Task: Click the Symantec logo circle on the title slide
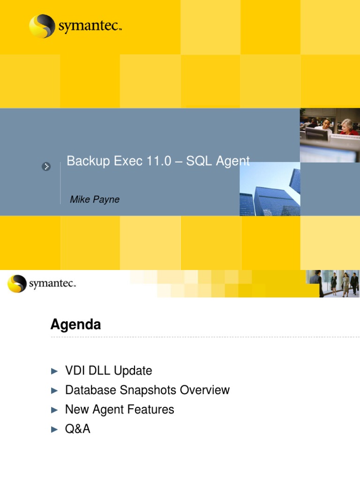42,26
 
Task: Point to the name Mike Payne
95,200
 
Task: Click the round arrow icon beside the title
46,166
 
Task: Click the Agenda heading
75,324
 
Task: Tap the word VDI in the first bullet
75,371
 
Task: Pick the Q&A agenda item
78,428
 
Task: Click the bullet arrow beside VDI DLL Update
54,371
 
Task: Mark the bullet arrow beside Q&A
54,429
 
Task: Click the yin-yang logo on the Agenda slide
17,284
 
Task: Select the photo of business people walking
333,283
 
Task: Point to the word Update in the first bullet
133,371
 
